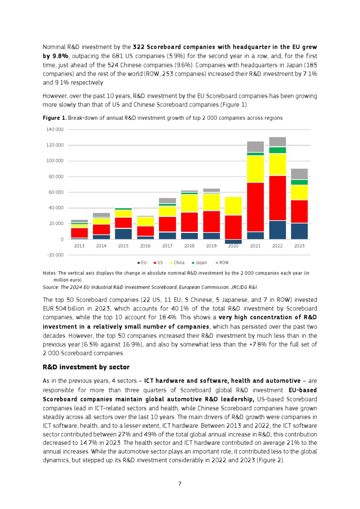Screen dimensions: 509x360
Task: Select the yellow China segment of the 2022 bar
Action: (x=278, y=165)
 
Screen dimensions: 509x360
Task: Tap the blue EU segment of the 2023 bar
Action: (x=300, y=231)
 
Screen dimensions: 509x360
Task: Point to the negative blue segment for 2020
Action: (x=233, y=242)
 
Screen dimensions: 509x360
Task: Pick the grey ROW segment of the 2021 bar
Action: (x=256, y=147)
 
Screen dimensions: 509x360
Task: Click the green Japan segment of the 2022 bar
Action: (x=278, y=150)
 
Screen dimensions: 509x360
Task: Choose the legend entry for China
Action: (x=176, y=263)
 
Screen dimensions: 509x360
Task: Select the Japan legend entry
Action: (x=199, y=263)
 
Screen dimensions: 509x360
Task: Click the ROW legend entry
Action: (x=222, y=263)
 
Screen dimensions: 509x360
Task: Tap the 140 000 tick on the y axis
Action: (x=55, y=130)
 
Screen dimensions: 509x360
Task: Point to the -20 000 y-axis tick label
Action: (x=55, y=255)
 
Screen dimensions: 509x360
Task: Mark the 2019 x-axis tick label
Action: (x=211, y=246)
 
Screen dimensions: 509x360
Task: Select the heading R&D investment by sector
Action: (x=86, y=367)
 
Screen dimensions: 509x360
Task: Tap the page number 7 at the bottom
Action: (x=179, y=483)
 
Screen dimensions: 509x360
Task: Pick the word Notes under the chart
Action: (x=49, y=273)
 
